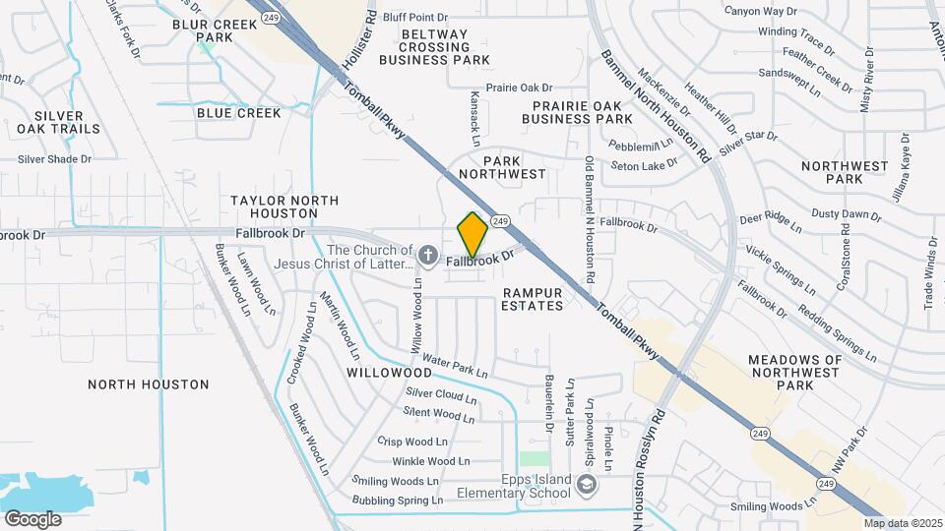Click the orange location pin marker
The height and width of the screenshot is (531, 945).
(472, 234)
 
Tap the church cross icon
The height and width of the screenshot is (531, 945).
(427, 256)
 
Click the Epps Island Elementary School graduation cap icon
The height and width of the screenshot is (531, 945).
(587, 484)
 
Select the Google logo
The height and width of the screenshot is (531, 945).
(32, 518)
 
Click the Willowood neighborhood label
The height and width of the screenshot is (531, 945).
(390, 374)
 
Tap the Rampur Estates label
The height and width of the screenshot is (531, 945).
(533, 299)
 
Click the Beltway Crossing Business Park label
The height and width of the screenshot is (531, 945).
(434, 47)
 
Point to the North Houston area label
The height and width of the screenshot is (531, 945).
(149, 384)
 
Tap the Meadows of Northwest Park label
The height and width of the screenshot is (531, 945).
(795, 373)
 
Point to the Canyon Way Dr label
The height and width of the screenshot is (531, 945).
(760, 12)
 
